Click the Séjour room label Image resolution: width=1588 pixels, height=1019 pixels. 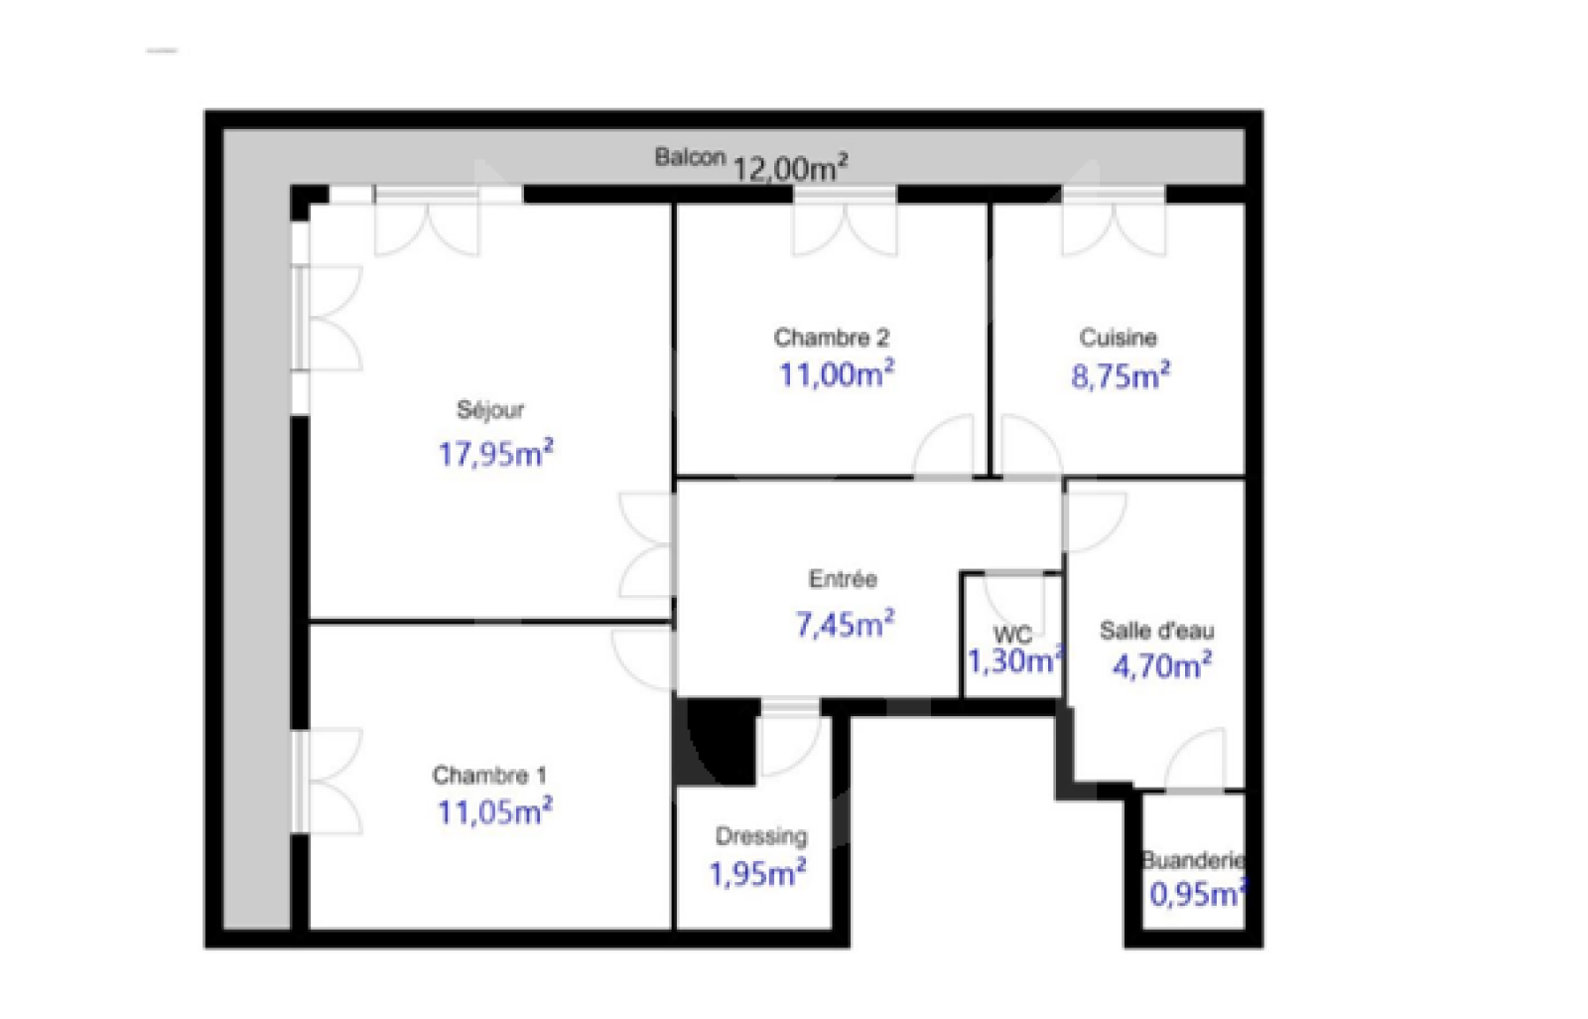click(x=490, y=411)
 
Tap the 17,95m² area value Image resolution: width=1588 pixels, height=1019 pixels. click(x=495, y=454)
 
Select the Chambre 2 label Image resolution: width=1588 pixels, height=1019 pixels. click(x=831, y=337)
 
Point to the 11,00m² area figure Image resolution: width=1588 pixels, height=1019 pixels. click(x=837, y=374)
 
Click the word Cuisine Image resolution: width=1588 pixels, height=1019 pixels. click(x=1118, y=337)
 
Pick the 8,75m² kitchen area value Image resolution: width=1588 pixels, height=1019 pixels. click(x=1121, y=376)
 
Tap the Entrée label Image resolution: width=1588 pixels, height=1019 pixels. click(x=843, y=579)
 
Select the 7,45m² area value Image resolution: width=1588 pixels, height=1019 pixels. click(x=845, y=624)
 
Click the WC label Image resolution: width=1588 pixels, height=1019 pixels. click(x=1012, y=634)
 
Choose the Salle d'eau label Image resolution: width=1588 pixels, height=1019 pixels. click(x=1157, y=630)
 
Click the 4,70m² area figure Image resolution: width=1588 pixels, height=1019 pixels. click(x=1162, y=666)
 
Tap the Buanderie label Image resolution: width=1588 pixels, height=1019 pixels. click(x=1194, y=860)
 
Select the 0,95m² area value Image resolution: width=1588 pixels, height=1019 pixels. click(x=1198, y=894)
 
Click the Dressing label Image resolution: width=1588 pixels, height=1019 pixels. click(x=760, y=837)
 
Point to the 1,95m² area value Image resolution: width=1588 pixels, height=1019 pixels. click(x=757, y=874)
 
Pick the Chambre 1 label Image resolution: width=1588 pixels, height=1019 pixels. click(x=489, y=775)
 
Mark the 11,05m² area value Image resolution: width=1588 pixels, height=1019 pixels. click(x=495, y=811)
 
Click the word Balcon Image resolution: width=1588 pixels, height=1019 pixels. click(x=690, y=157)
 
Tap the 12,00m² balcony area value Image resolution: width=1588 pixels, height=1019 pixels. click(x=790, y=169)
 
